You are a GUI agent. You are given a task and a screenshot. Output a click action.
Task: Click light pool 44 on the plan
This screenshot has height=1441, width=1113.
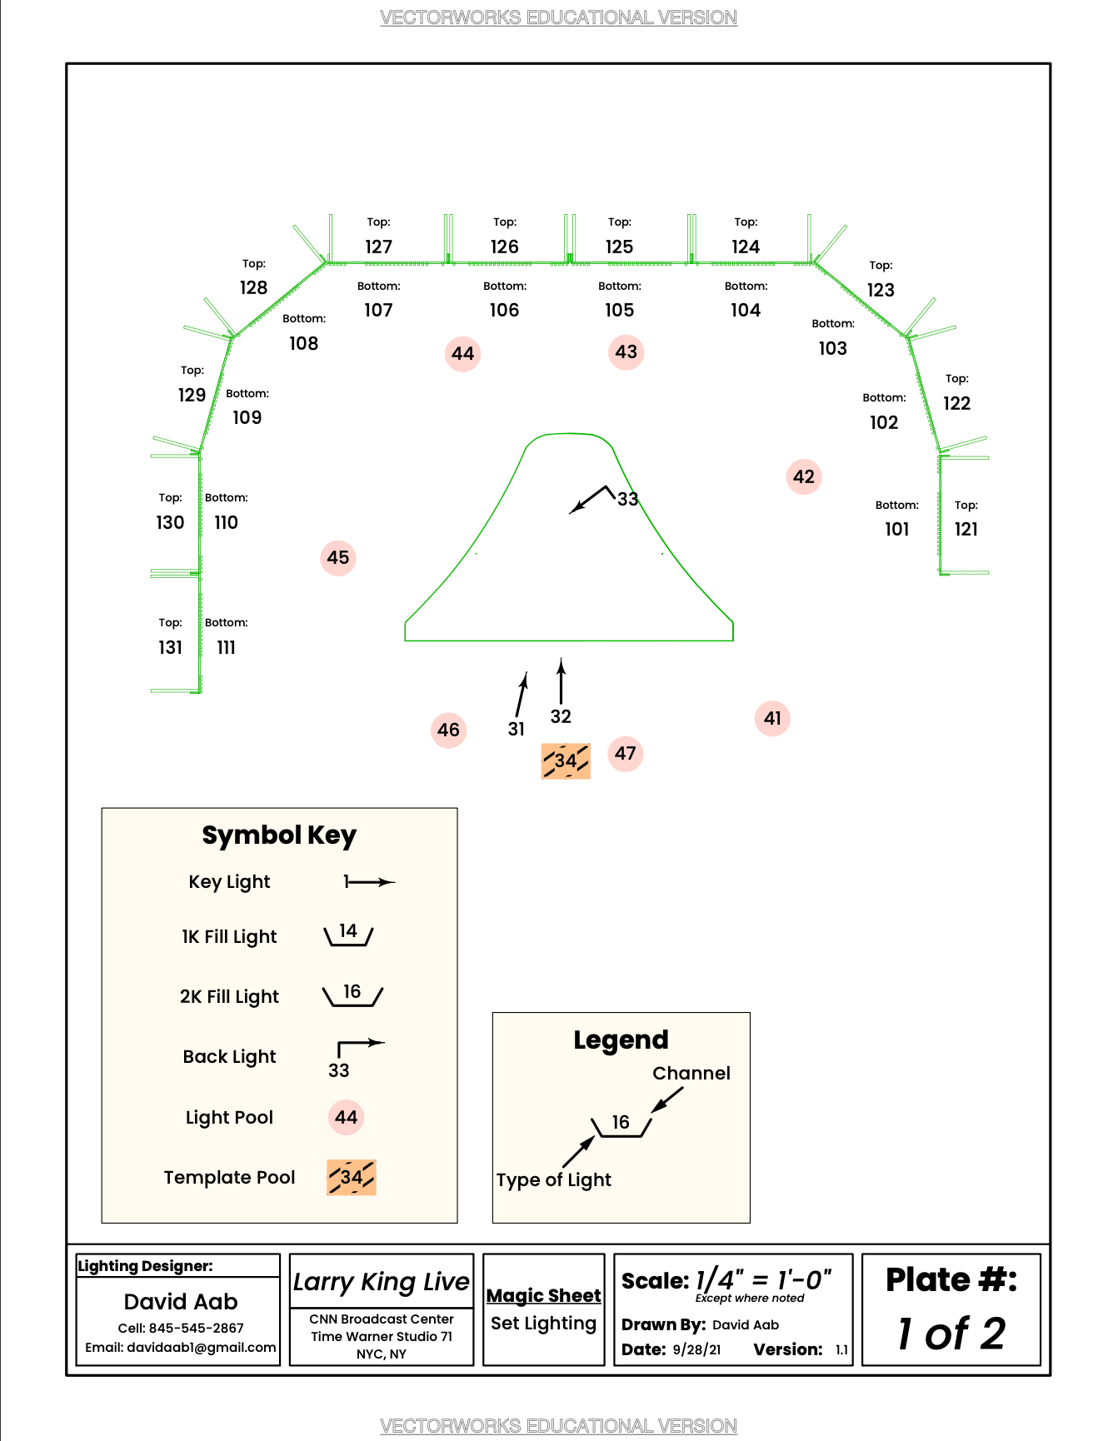(462, 354)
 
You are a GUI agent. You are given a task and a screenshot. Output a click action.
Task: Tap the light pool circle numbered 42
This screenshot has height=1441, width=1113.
(804, 477)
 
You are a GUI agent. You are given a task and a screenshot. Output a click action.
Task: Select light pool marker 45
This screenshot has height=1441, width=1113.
(338, 558)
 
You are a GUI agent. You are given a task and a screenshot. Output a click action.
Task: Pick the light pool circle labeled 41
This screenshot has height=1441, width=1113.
(772, 719)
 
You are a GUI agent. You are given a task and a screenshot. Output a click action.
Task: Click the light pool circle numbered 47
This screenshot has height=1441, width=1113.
(626, 754)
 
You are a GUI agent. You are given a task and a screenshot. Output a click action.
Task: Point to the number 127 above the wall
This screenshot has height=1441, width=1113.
(378, 247)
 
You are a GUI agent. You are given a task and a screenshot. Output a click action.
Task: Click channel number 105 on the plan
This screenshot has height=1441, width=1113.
(619, 311)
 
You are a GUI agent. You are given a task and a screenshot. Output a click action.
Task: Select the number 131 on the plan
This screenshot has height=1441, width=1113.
(170, 648)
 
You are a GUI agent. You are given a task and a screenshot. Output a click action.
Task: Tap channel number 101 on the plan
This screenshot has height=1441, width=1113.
(896, 530)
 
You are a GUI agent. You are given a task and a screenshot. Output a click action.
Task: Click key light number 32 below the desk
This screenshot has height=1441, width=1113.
(561, 716)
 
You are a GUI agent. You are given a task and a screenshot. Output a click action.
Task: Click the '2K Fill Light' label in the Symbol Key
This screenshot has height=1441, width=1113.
(229, 997)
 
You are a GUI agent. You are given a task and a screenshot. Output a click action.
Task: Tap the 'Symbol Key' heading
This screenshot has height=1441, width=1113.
(279, 835)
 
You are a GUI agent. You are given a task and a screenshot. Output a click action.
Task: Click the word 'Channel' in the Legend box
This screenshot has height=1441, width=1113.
(691, 1074)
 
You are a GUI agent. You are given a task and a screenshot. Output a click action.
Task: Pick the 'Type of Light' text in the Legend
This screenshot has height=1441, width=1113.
(553, 1180)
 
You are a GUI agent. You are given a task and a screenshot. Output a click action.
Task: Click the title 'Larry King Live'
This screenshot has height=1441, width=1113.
(382, 1282)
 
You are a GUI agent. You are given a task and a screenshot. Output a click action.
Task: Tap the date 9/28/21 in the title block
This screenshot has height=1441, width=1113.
(696, 1349)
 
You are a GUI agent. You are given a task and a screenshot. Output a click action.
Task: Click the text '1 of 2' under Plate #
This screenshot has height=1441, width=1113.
(951, 1334)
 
